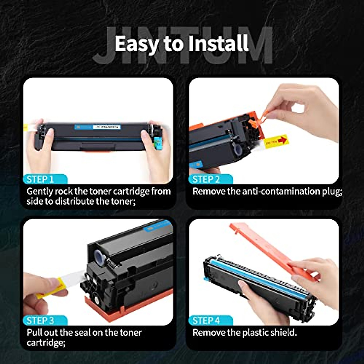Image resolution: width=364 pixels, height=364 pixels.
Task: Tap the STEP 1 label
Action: pyautogui.click(x=40, y=179)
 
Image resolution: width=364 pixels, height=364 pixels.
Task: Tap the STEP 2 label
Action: pyautogui.click(x=206, y=179)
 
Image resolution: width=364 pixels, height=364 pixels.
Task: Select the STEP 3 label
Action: pyautogui.click(x=40, y=321)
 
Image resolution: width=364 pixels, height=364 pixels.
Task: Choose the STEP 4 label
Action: pyautogui.click(x=206, y=321)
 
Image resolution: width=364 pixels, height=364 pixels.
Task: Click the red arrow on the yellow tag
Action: pyautogui.click(x=282, y=140)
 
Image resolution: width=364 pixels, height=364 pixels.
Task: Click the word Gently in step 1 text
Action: pyautogui.click(x=39, y=192)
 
